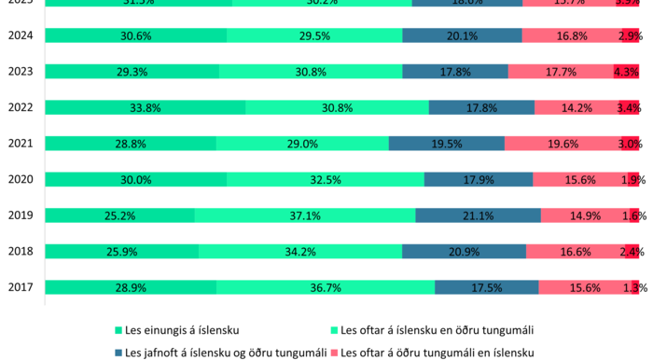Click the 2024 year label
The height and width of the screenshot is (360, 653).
pyautogui.click(x=20, y=35)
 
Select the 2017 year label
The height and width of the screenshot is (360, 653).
pyautogui.click(x=20, y=287)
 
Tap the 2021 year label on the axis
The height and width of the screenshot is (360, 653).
pyautogui.click(x=20, y=144)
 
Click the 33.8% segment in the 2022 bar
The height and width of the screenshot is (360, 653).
pyautogui.click(x=145, y=107)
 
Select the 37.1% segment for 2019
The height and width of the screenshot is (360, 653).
pyautogui.click(x=305, y=215)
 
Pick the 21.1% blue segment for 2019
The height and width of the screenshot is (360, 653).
pyautogui.click(x=478, y=215)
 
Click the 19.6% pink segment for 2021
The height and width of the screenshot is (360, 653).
pyautogui.click(x=562, y=144)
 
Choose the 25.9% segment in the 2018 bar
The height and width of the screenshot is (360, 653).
pyautogui.click(x=121, y=252)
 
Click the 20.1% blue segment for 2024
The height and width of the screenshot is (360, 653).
pyautogui.click(x=462, y=35)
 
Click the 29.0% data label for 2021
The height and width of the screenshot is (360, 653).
pyautogui.click(x=302, y=144)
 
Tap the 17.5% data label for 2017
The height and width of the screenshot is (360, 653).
pyautogui.click(x=486, y=287)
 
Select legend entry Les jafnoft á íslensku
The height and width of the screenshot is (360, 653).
pyautogui.click(x=225, y=353)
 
